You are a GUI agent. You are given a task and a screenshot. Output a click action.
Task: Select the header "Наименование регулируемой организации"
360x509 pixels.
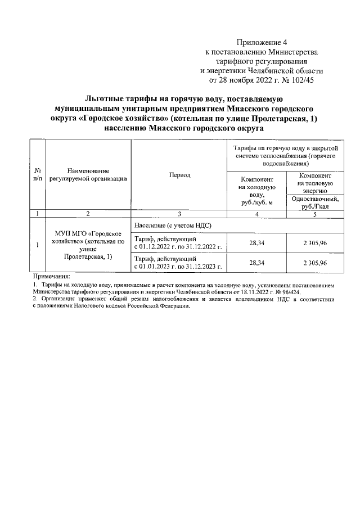pos(87,174)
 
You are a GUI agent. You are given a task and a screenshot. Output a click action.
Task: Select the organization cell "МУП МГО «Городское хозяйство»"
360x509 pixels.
pos(87,245)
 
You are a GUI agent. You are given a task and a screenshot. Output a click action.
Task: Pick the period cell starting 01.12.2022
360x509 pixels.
pos(179,242)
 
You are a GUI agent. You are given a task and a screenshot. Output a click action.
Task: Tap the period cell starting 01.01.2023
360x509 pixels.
pos(179,263)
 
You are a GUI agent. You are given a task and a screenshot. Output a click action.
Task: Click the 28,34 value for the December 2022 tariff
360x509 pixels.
pos(256,242)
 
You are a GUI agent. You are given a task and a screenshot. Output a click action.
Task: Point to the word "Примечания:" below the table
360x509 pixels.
pos(51,277)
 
